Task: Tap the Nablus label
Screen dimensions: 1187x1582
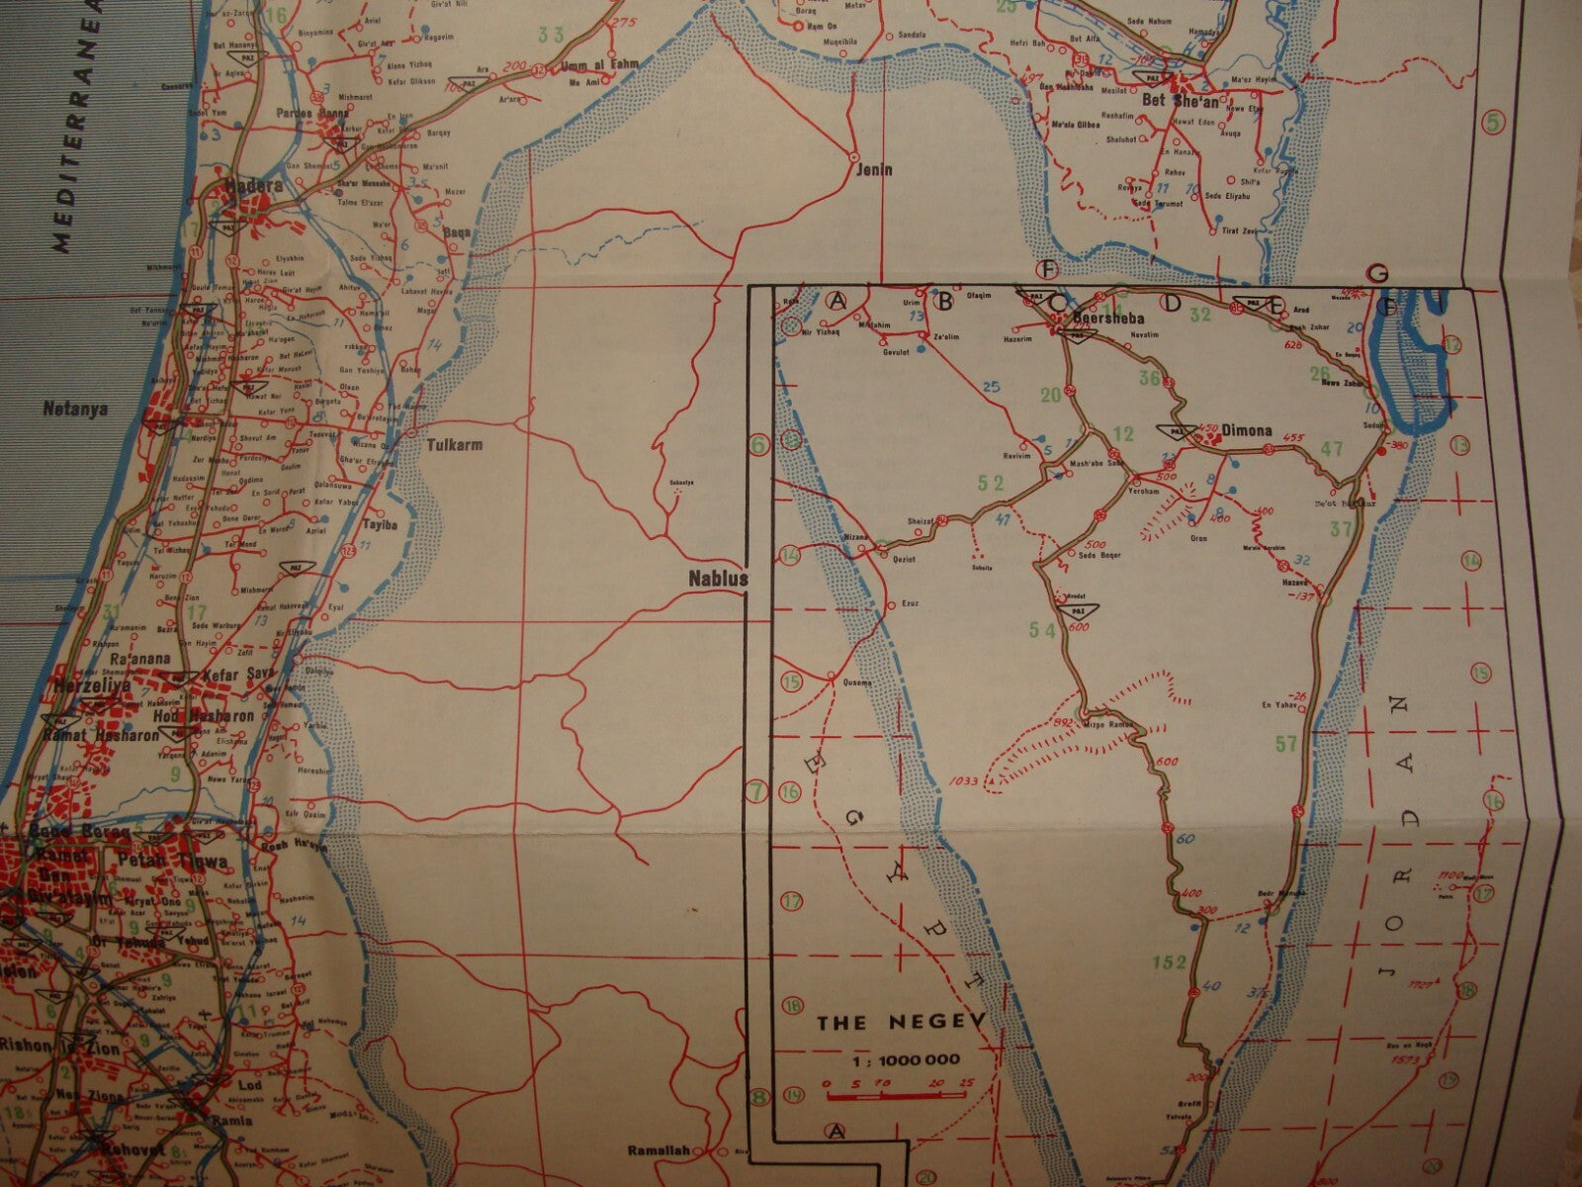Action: (x=717, y=580)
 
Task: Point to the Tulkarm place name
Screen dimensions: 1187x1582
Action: (x=454, y=445)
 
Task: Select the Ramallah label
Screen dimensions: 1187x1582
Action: (x=659, y=1151)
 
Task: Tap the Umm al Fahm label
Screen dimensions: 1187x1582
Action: (x=593, y=66)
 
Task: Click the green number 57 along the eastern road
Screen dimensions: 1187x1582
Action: (x=1286, y=743)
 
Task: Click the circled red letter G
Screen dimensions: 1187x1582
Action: (x=1375, y=273)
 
